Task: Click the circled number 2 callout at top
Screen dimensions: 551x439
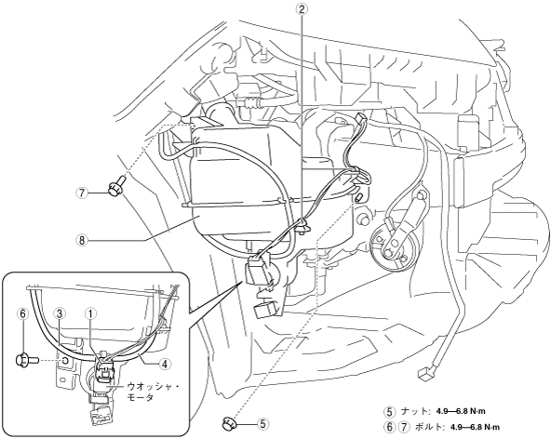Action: [x=302, y=8]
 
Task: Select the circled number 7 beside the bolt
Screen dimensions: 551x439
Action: [x=83, y=193]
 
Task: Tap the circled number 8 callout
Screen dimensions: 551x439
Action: [x=82, y=240]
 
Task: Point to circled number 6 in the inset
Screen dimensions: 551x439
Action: [x=23, y=314]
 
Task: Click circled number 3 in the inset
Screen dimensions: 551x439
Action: [x=59, y=314]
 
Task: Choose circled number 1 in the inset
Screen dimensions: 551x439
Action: [x=90, y=314]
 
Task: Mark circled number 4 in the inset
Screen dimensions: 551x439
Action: [x=165, y=365]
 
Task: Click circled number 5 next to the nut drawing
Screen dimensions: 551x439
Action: [x=262, y=424]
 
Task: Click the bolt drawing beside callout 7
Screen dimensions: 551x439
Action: [x=116, y=186]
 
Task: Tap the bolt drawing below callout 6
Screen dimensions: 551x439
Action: [x=24, y=360]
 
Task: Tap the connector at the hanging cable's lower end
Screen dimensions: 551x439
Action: [x=425, y=374]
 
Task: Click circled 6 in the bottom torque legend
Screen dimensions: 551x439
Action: [x=389, y=428]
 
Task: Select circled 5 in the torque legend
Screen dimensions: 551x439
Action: [x=389, y=411]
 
